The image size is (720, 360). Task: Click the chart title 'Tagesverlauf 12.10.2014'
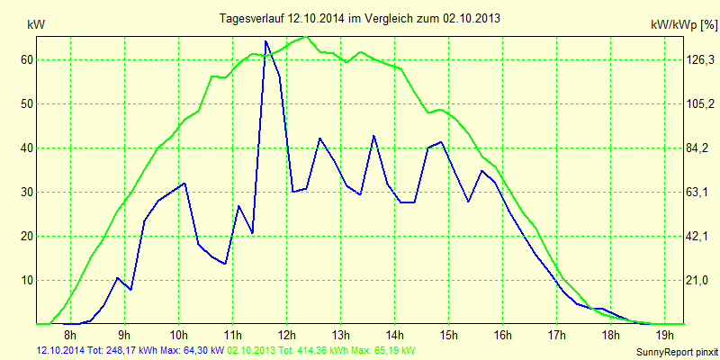[x=360, y=18]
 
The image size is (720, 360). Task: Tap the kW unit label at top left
[x=37, y=26]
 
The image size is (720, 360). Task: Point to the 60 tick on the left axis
[x=27, y=59]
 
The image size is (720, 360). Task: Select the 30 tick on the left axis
[x=27, y=192]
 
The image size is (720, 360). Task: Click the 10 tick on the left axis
[x=27, y=280]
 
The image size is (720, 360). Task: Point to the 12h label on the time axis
[x=286, y=337]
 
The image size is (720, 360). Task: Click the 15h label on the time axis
[x=447, y=337]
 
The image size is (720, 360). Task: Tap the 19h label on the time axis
[x=662, y=337]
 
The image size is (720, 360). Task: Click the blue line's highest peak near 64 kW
[x=265, y=41]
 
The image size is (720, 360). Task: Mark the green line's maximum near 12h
[x=306, y=37]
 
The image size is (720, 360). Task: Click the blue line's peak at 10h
[x=184, y=184]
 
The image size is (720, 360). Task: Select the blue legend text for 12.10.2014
[x=130, y=350]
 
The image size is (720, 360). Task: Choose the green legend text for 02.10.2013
[x=321, y=350]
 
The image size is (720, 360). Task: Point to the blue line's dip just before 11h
[x=225, y=264]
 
